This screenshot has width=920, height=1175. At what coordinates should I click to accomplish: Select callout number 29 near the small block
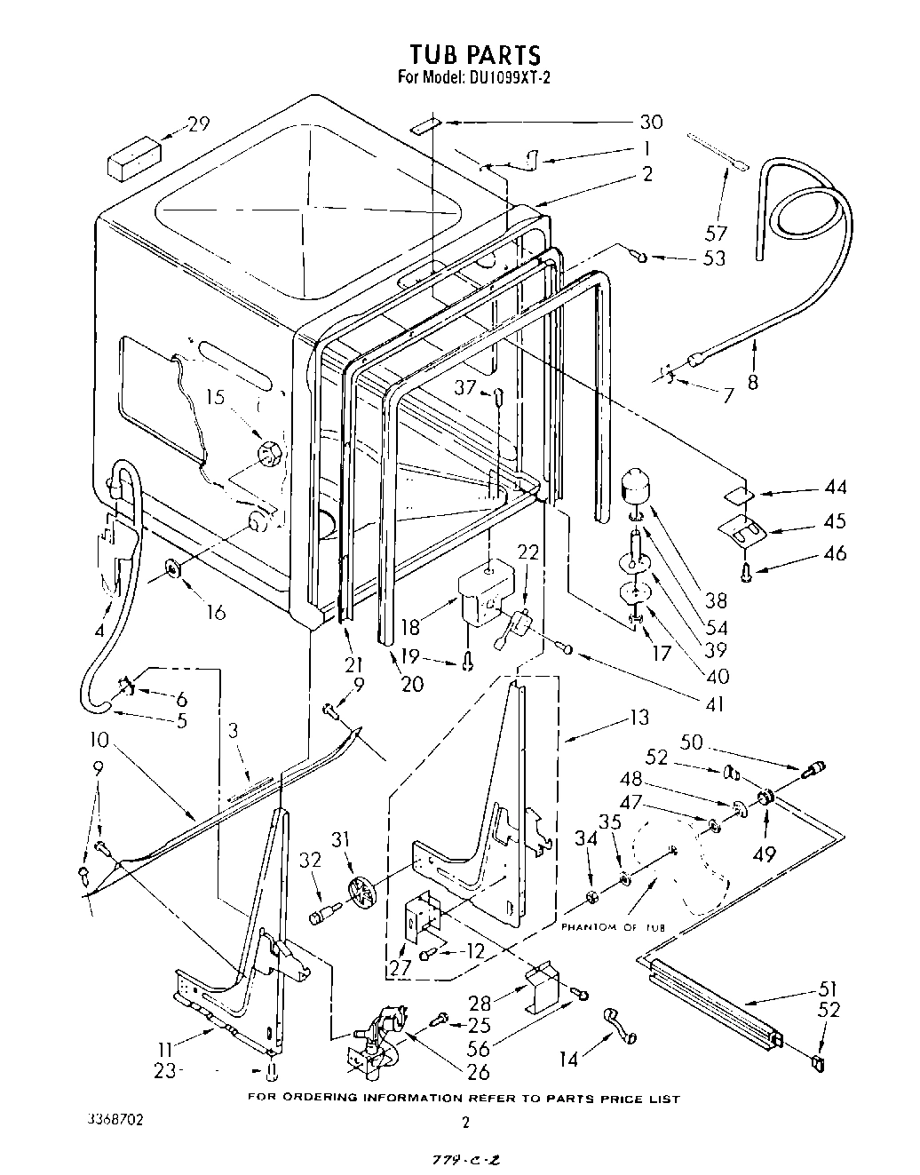(198, 123)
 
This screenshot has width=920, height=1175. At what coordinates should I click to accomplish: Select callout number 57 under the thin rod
(716, 234)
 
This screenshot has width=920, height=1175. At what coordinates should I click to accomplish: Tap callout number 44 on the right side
(835, 488)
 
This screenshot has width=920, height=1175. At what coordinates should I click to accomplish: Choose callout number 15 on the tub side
(215, 397)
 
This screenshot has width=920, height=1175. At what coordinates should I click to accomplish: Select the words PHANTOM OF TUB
(612, 927)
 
